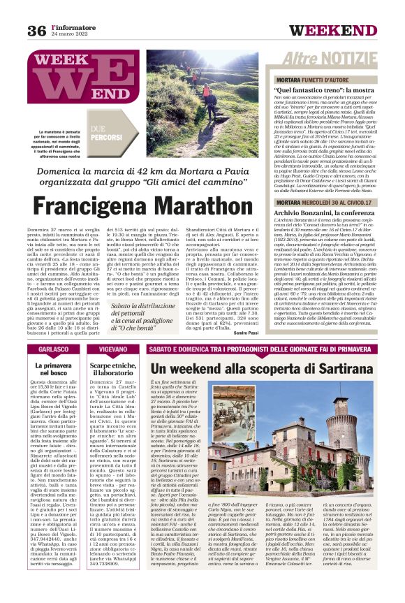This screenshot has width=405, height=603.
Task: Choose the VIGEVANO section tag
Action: (x=113, y=349)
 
